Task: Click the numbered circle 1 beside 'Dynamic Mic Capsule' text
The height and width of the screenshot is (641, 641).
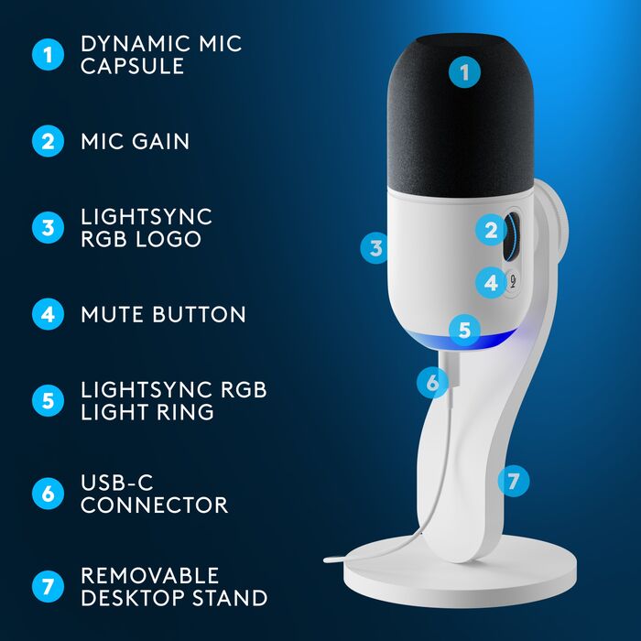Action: [48, 54]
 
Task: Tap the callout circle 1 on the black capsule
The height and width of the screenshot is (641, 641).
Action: [465, 72]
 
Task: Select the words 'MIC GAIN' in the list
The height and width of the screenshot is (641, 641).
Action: [135, 141]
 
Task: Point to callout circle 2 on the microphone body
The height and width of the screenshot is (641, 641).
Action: [492, 231]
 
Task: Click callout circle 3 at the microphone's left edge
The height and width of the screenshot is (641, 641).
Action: [375, 247]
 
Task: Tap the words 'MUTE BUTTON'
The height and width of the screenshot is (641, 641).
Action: [163, 315]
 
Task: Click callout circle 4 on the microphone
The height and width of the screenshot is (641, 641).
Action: [492, 283]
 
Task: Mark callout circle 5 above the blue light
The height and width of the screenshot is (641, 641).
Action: [465, 329]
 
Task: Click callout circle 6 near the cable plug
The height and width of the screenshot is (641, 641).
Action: [433, 381]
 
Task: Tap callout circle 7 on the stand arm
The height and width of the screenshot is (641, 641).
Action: [515, 479]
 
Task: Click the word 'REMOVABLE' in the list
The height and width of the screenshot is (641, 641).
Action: [149, 575]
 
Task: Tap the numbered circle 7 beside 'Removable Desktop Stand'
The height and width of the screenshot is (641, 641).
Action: [48, 586]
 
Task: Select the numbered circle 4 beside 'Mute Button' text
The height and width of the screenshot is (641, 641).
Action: [48, 315]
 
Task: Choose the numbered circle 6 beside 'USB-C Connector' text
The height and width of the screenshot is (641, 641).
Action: [48, 494]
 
